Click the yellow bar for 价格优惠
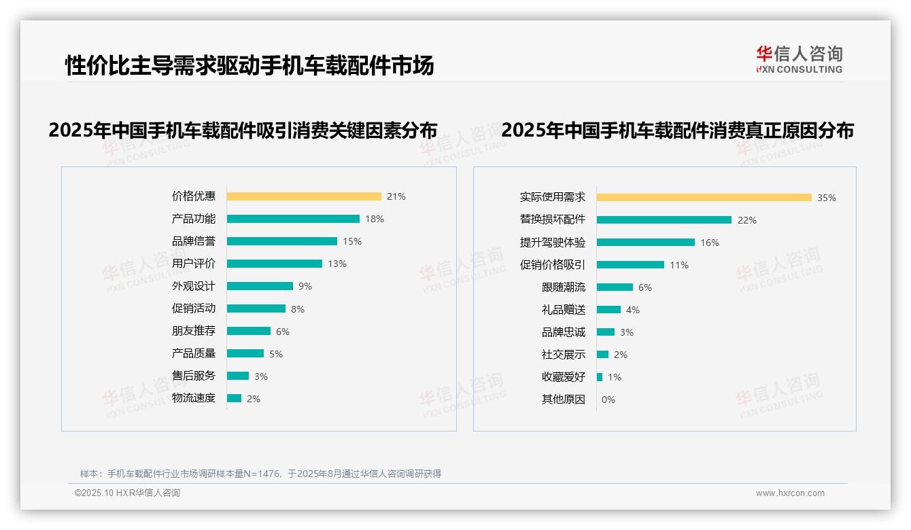304,196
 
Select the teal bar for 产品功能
293,219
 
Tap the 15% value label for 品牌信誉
352,241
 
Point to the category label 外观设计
194,286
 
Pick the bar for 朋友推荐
249,331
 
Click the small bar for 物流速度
234,398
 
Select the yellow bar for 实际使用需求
704,198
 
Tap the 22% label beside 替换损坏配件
747,220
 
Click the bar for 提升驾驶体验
646,243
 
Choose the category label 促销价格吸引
553,265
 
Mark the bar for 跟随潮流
615,287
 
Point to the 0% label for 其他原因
608,400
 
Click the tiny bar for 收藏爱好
600,377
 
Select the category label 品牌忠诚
564,332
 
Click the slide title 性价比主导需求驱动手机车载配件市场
250,66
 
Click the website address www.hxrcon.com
790,493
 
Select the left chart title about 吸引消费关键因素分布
243,130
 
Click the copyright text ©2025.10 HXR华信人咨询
128,493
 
